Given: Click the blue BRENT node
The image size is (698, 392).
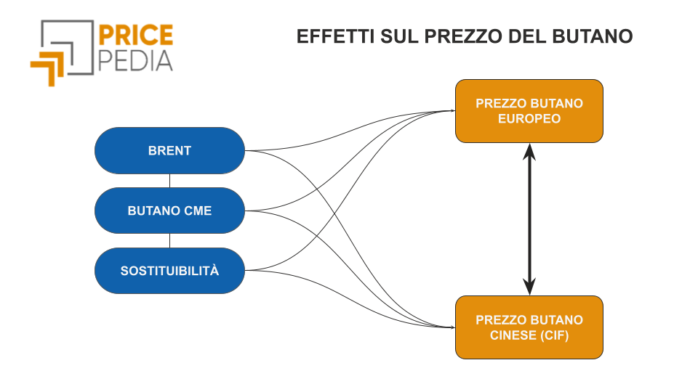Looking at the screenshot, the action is tap(169, 151).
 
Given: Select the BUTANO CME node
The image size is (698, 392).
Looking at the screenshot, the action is tap(169, 211).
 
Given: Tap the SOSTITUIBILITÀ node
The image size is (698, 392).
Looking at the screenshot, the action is tap(169, 271).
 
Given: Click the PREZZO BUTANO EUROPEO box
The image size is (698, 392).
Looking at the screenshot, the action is tap(529, 111).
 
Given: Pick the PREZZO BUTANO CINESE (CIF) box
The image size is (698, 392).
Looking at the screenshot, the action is tap(529, 327).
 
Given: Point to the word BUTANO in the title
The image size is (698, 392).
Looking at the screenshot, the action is tap(593, 36).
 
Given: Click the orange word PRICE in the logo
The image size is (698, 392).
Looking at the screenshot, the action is tap(135, 35).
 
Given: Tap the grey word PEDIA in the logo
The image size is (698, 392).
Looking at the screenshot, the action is tap(135, 61).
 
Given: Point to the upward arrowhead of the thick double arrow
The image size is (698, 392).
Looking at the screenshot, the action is tap(529, 152).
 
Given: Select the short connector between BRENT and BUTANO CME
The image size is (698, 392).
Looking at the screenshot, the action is tap(169, 181).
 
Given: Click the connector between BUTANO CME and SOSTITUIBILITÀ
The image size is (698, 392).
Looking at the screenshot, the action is tap(169, 241).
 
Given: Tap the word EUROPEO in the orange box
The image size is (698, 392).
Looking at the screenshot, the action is tap(529, 118).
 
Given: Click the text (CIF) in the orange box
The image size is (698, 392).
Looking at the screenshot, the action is tap(554, 335).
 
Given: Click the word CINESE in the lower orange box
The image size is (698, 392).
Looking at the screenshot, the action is tap(513, 335).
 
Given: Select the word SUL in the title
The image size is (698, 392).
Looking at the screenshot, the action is tap(399, 36).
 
